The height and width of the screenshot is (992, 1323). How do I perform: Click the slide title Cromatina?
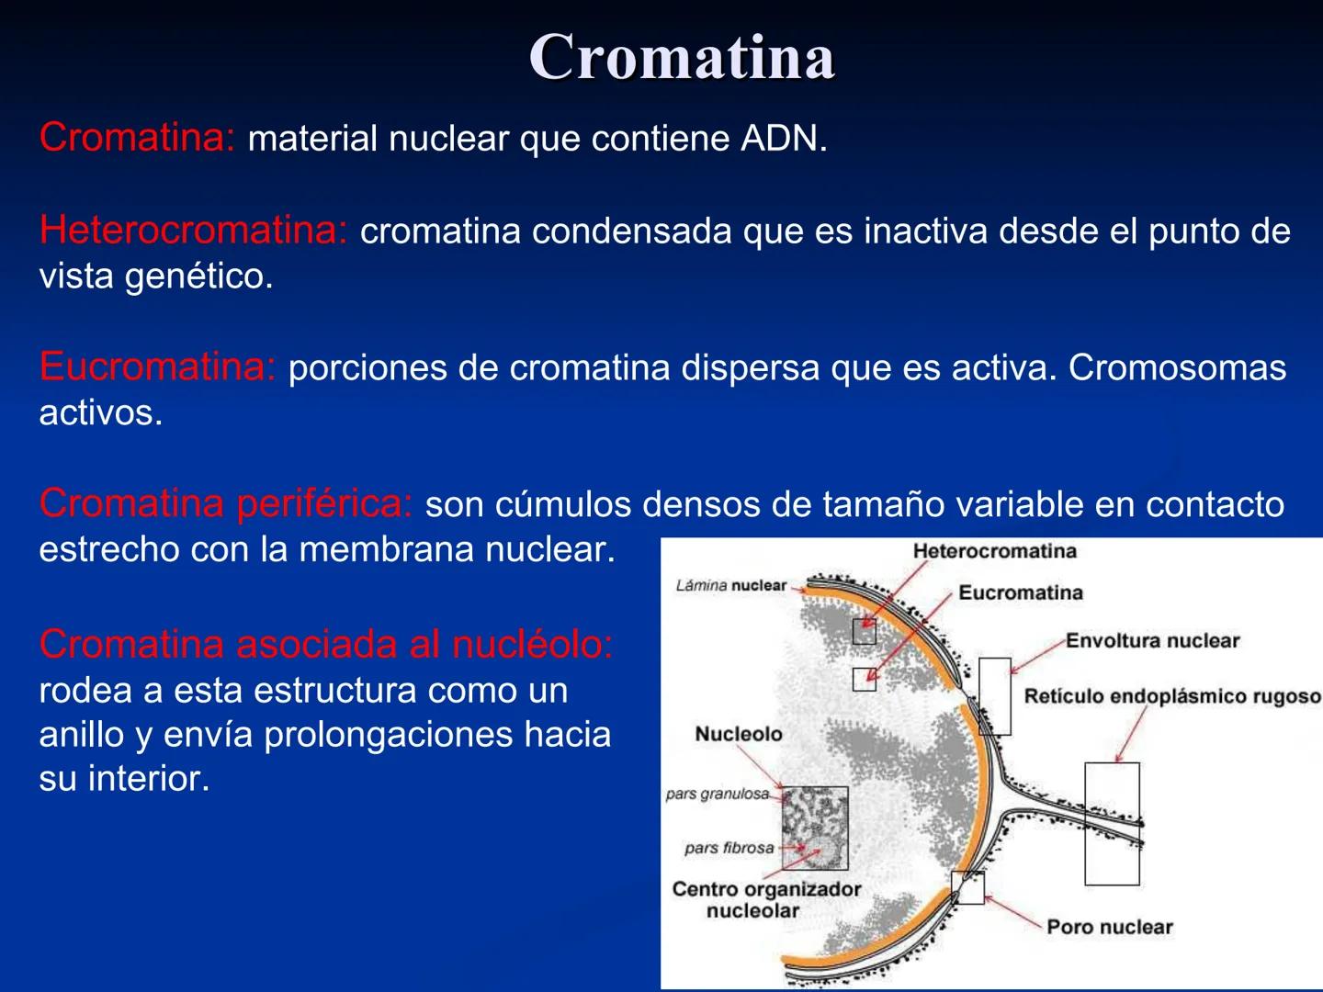coord(681,57)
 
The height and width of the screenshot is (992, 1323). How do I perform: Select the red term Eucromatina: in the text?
coord(157,366)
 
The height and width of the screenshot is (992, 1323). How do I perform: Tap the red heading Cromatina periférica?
coord(226,503)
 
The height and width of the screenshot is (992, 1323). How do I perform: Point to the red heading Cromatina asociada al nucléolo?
coord(325,644)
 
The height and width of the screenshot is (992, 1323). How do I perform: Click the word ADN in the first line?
coord(783,139)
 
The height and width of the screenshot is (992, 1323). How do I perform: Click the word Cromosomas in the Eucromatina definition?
coord(1177,367)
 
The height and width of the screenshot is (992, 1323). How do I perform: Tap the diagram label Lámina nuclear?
coord(731,585)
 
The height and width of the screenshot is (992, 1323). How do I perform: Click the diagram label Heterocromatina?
coord(994,551)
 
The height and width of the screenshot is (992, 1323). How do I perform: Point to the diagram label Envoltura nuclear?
coord(1152,640)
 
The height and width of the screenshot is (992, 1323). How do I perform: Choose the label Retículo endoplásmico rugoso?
coord(1171,696)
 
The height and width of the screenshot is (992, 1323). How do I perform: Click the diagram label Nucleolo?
coord(738,734)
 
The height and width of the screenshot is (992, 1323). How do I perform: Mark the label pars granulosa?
coord(718,794)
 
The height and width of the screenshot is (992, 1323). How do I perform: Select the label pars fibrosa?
coord(729,848)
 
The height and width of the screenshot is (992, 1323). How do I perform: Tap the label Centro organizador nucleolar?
coord(766,900)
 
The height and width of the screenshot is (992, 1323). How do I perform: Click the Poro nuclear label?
coord(1110,927)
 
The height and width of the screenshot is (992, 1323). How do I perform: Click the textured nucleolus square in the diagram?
coord(815,828)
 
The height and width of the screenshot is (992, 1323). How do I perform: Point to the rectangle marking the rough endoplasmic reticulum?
coord(1112,823)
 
